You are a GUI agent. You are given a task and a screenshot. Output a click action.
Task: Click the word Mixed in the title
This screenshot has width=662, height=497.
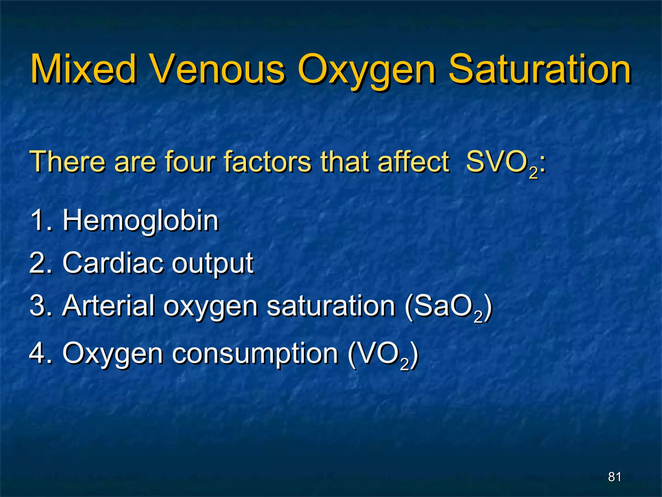(83, 69)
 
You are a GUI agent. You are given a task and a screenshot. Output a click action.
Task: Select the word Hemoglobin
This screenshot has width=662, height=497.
(141, 221)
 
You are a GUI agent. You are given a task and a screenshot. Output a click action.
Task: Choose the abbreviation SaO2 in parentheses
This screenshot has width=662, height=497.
(448, 307)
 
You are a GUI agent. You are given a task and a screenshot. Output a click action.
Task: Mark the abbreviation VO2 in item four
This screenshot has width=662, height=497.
(383, 355)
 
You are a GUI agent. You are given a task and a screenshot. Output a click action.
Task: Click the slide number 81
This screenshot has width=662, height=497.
(614, 477)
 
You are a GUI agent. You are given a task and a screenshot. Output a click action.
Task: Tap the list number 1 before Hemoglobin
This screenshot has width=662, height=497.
(38, 221)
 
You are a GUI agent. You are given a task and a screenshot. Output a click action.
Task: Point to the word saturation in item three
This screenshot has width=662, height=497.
(331, 306)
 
